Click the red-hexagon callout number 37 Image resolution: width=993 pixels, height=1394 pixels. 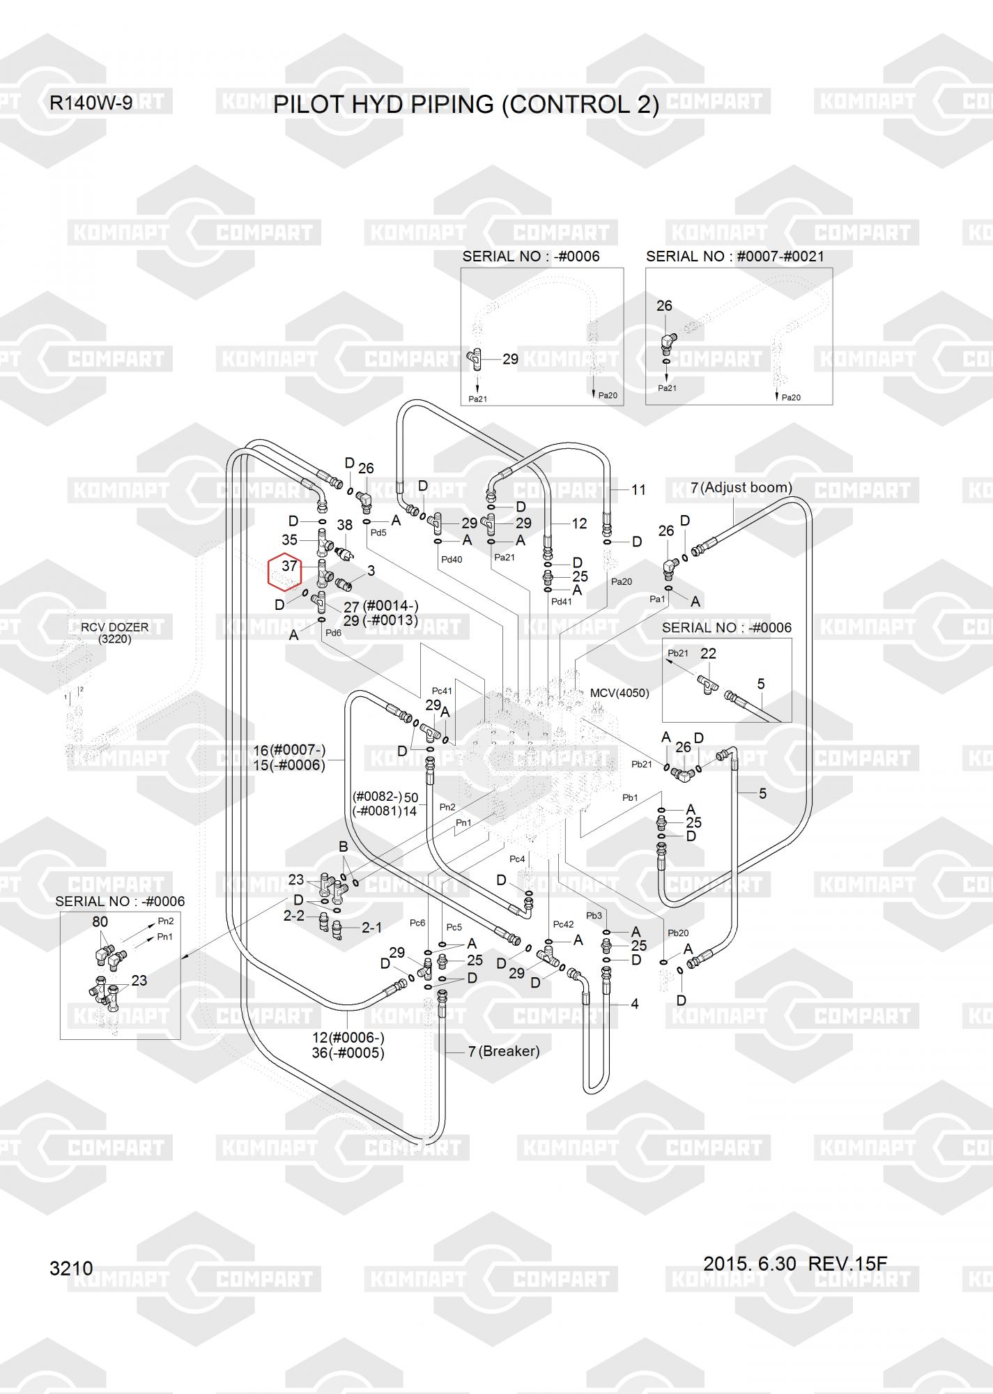[x=289, y=567]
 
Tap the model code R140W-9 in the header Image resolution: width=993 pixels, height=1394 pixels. [x=91, y=103]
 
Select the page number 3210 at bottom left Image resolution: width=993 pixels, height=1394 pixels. [x=71, y=1268]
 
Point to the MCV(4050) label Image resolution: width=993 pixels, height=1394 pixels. [x=619, y=693]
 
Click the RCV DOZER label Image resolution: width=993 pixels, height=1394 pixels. [x=114, y=627]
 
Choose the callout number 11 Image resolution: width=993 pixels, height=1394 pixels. [x=638, y=490]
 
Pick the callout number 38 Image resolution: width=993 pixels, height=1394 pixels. [x=345, y=526]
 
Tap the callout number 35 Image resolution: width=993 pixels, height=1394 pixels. [x=289, y=540]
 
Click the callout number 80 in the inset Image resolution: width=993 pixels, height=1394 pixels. [x=100, y=921]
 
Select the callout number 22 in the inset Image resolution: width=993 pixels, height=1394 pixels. [x=708, y=653]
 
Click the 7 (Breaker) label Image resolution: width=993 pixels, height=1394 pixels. [x=504, y=1051]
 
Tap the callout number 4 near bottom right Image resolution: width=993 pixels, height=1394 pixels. [x=634, y=1004]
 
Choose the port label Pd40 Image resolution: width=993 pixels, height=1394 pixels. [x=452, y=559]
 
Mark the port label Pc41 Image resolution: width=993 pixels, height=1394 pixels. [x=442, y=691]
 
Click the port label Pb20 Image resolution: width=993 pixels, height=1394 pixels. [x=677, y=933]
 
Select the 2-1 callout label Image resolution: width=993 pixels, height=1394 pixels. [x=371, y=928]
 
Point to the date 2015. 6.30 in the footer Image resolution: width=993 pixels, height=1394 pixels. [x=749, y=1264]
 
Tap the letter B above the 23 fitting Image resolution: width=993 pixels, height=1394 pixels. [x=343, y=847]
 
